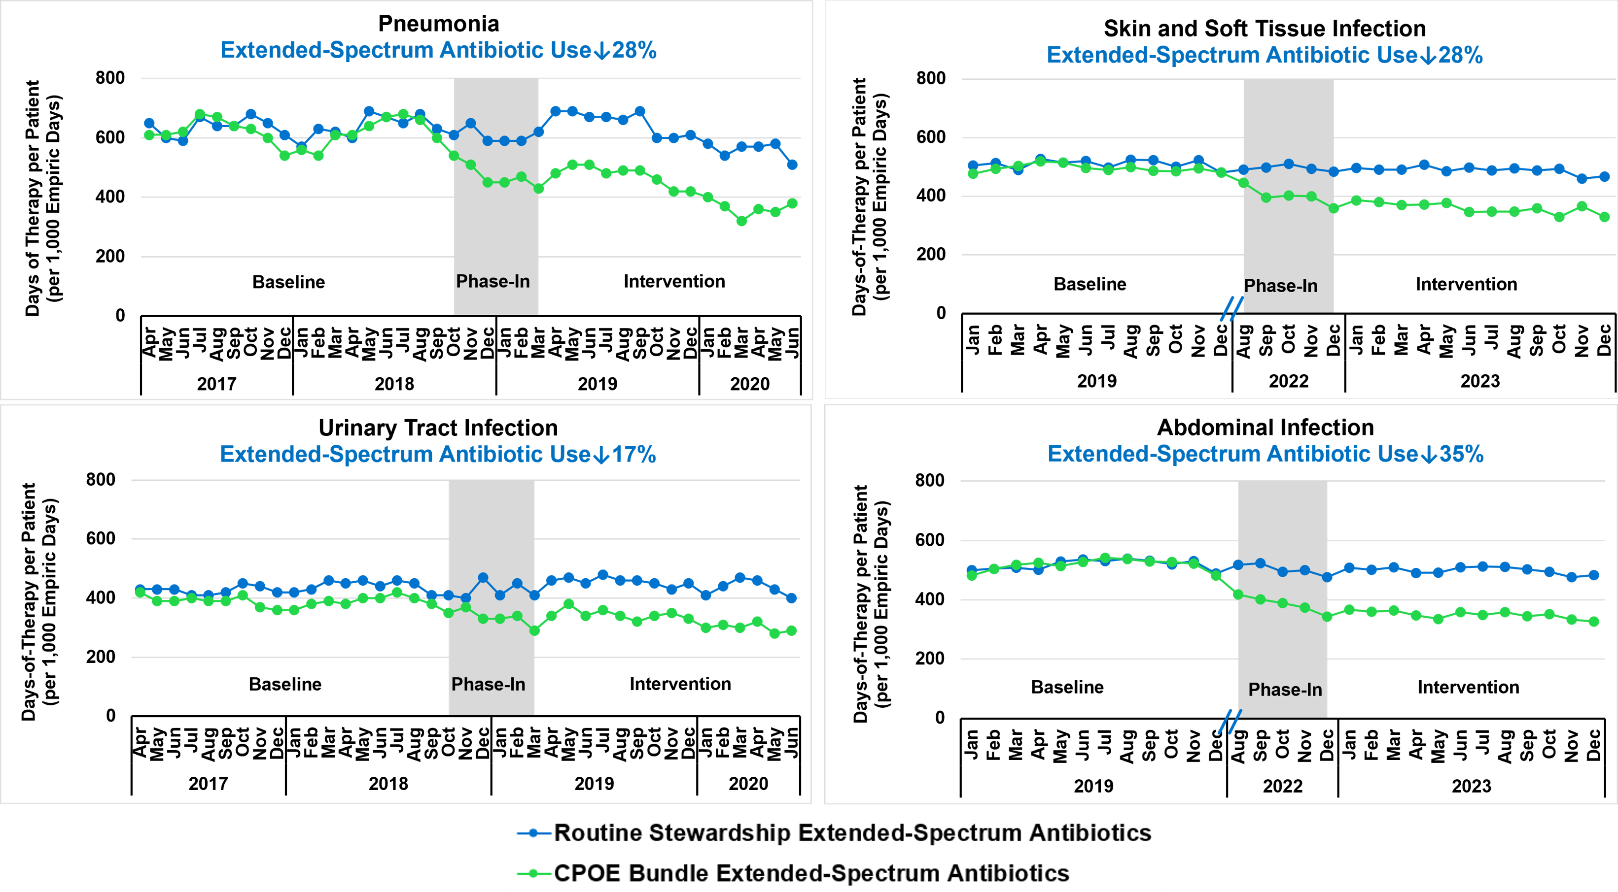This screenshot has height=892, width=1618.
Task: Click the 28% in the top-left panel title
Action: tap(634, 50)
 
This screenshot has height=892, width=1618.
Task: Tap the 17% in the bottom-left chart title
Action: tap(634, 455)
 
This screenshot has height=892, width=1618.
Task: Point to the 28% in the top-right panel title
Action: tap(1460, 55)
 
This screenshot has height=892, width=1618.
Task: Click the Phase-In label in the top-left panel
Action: tap(493, 281)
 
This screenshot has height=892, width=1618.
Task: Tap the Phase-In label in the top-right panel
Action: tap(1281, 286)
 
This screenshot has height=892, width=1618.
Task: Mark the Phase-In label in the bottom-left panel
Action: tap(489, 684)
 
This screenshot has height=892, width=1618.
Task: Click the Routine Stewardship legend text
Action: tap(852, 832)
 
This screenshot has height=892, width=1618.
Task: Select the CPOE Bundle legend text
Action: tap(811, 873)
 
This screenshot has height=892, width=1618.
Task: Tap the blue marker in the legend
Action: tap(533, 833)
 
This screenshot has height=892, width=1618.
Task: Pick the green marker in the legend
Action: tap(533, 873)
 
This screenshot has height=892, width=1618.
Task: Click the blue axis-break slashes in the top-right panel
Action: tap(1231, 308)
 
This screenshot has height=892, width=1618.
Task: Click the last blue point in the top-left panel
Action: tap(792, 165)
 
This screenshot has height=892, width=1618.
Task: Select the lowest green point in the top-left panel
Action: tap(742, 221)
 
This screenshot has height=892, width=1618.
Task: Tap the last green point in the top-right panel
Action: tap(1605, 217)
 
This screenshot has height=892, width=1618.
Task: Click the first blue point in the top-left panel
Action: tap(149, 123)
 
